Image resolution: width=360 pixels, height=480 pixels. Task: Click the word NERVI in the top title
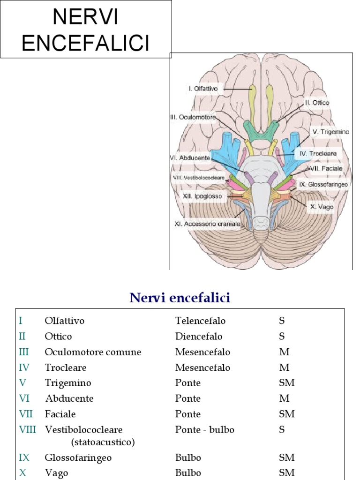click(85, 17)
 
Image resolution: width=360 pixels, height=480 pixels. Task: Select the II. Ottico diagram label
click(317, 102)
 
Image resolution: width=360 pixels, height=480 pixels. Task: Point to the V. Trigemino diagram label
click(331, 132)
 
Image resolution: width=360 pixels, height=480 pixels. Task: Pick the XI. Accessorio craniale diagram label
click(207, 224)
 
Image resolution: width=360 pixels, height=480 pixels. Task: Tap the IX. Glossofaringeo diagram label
click(324, 185)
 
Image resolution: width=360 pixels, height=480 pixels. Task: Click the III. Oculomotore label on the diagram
click(193, 118)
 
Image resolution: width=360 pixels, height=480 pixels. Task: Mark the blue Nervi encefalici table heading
click(180, 298)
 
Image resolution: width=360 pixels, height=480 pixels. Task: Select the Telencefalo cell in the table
click(200, 321)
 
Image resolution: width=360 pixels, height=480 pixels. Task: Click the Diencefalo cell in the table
click(199, 337)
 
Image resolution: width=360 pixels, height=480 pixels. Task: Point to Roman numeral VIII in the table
click(27, 429)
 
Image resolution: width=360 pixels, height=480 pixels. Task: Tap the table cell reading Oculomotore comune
click(93, 352)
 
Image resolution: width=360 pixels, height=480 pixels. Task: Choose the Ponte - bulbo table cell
click(204, 429)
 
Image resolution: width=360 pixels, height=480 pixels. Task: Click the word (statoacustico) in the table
click(103, 442)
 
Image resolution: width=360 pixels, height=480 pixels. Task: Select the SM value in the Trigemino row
click(286, 383)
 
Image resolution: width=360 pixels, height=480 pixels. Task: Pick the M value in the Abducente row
click(284, 398)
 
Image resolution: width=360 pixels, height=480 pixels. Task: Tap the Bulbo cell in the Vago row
click(188, 473)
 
